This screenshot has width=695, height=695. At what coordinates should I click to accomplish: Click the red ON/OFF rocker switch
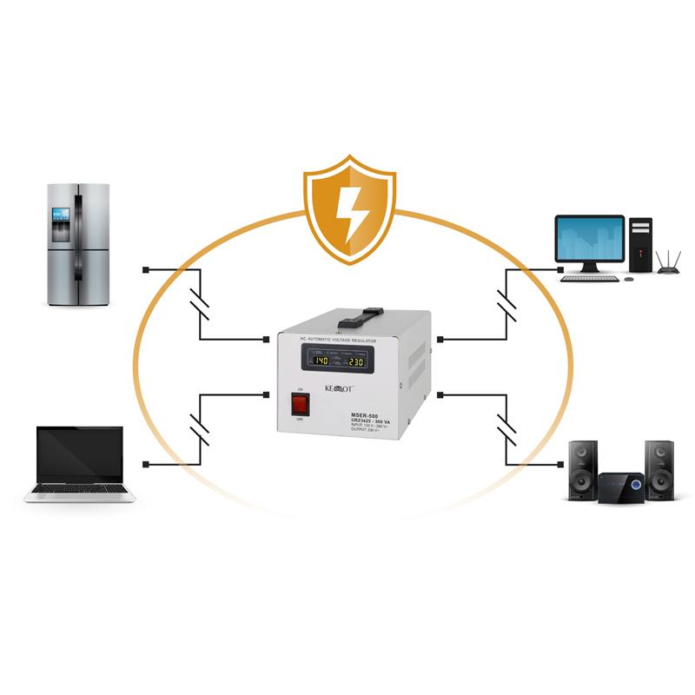click(300, 404)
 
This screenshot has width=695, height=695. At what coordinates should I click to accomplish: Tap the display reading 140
click(321, 361)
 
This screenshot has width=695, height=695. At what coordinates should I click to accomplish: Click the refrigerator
click(79, 244)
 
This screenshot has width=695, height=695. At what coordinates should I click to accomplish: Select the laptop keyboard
click(80, 489)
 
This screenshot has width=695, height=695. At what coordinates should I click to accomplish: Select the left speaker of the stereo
click(581, 470)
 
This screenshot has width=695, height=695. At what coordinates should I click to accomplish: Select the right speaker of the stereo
click(659, 470)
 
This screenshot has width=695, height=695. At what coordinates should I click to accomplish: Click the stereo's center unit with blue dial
click(620, 485)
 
